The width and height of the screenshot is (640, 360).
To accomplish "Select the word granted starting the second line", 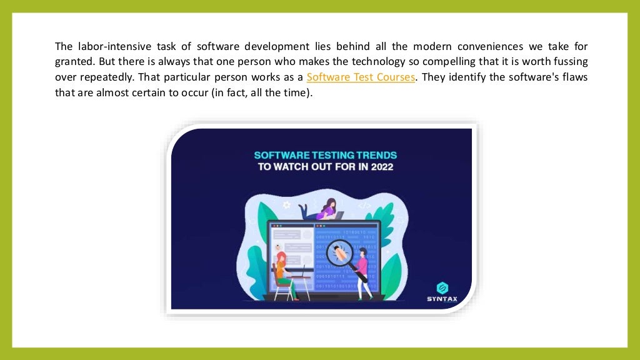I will coord(74,62).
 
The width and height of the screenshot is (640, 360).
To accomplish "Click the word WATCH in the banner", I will coord(293,167).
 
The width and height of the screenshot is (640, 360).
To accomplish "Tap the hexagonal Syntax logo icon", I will coord(442,287).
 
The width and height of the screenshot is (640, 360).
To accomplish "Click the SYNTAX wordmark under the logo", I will coord(442,299).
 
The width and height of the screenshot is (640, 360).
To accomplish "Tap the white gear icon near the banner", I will coord(286,204).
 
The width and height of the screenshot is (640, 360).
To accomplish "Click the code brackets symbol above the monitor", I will coord(364,206).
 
